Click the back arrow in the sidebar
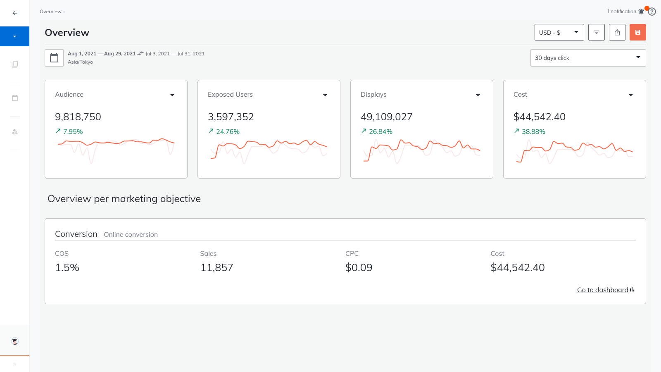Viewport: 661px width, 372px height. click(15, 13)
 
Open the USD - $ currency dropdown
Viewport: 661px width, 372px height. click(559, 32)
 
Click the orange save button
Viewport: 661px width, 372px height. click(637, 32)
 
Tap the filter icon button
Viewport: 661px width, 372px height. click(596, 32)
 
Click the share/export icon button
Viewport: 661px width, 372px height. click(617, 32)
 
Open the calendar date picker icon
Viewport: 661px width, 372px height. click(54, 58)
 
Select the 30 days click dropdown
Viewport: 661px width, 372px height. click(587, 58)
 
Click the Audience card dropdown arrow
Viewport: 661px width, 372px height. click(172, 95)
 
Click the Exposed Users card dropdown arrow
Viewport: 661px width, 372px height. click(325, 95)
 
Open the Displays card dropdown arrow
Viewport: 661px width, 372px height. click(478, 95)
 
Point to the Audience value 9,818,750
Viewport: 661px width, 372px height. click(78, 117)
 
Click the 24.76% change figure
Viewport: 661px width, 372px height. click(228, 131)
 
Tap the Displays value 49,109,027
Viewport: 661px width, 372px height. click(386, 117)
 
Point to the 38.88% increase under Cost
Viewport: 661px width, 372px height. click(533, 131)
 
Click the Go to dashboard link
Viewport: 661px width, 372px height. click(602, 290)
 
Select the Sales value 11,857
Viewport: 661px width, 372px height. click(216, 267)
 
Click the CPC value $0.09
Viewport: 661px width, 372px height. click(359, 267)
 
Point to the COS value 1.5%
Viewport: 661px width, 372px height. click(67, 267)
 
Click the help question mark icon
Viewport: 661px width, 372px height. click(652, 12)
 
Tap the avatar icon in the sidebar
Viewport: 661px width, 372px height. click(15, 341)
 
